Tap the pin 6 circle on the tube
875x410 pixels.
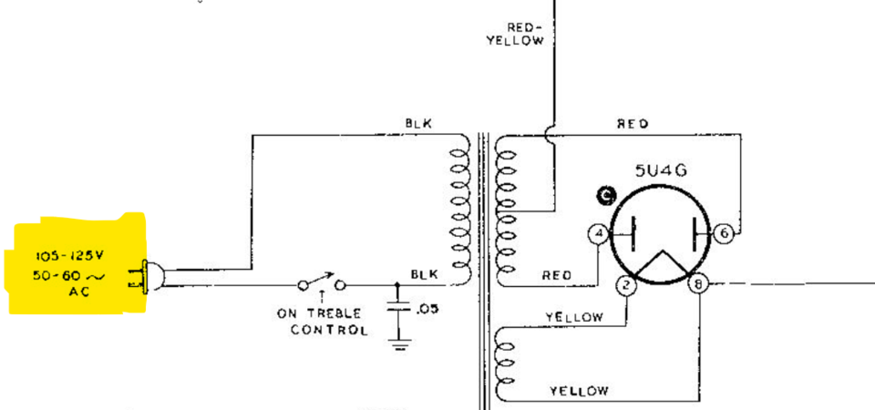tap(724, 233)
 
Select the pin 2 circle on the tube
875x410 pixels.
tap(627, 285)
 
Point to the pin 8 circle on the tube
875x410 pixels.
tap(698, 285)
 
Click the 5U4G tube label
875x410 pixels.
tap(661, 169)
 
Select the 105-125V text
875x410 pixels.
tap(70, 257)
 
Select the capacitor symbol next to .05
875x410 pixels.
tap(397, 309)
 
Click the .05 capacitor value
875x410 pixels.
tap(427, 309)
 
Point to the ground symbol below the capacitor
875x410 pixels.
tap(398, 343)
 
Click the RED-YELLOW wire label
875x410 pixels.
tap(515, 34)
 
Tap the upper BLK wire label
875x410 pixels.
tap(418, 123)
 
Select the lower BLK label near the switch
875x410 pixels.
tap(425, 274)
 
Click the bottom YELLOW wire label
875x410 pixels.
tap(579, 391)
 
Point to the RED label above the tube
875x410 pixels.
tap(633, 124)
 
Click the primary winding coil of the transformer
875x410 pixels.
tap(461, 210)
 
